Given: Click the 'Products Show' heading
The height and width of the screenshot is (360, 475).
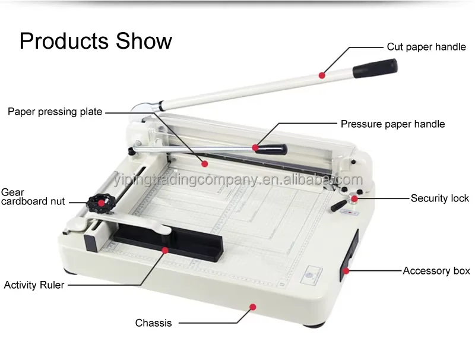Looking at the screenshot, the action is (96, 41).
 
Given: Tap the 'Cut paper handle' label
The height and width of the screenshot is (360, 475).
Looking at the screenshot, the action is (426, 46).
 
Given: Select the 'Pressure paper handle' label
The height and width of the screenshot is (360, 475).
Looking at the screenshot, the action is (392, 124).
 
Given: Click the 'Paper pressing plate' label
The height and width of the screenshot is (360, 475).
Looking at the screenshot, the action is (55, 112).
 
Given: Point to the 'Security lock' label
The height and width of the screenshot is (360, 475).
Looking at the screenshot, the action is (439, 198).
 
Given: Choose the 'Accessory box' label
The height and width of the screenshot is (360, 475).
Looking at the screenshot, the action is (436, 271).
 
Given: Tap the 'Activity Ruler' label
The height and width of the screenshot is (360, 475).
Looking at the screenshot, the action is (34, 285).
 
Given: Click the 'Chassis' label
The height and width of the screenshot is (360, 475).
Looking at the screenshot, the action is (153, 323).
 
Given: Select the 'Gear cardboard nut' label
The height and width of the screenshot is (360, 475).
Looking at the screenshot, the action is (33, 197).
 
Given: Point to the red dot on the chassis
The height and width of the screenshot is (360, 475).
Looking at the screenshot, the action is (253, 307).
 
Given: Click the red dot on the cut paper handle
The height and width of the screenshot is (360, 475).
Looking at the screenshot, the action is (321, 75).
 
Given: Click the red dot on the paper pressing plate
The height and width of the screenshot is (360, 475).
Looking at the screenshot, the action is (205, 162).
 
